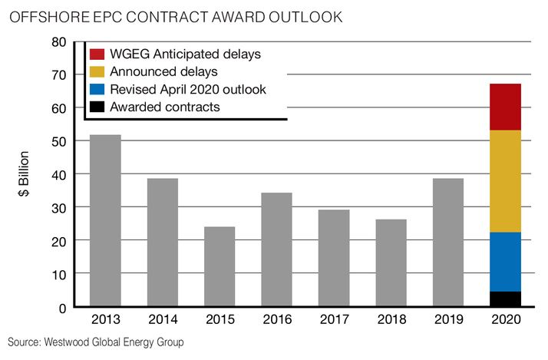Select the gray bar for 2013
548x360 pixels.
tap(105, 221)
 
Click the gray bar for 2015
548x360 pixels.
tap(220, 266)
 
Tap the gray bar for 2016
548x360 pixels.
tap(276, 249)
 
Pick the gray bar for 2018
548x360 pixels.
tap(391, 263)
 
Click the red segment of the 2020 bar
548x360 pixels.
tap(505, 107)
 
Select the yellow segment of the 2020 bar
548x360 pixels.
tap(505, 181)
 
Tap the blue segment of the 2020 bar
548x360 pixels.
tap(505, 262)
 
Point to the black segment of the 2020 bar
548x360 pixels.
tap(505, 299)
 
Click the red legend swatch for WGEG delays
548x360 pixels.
tap(97, 54)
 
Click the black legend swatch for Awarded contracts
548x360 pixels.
tap(97, 107)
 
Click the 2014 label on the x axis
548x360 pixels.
tap(162, 319)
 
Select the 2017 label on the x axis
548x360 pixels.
tap(334, 319)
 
